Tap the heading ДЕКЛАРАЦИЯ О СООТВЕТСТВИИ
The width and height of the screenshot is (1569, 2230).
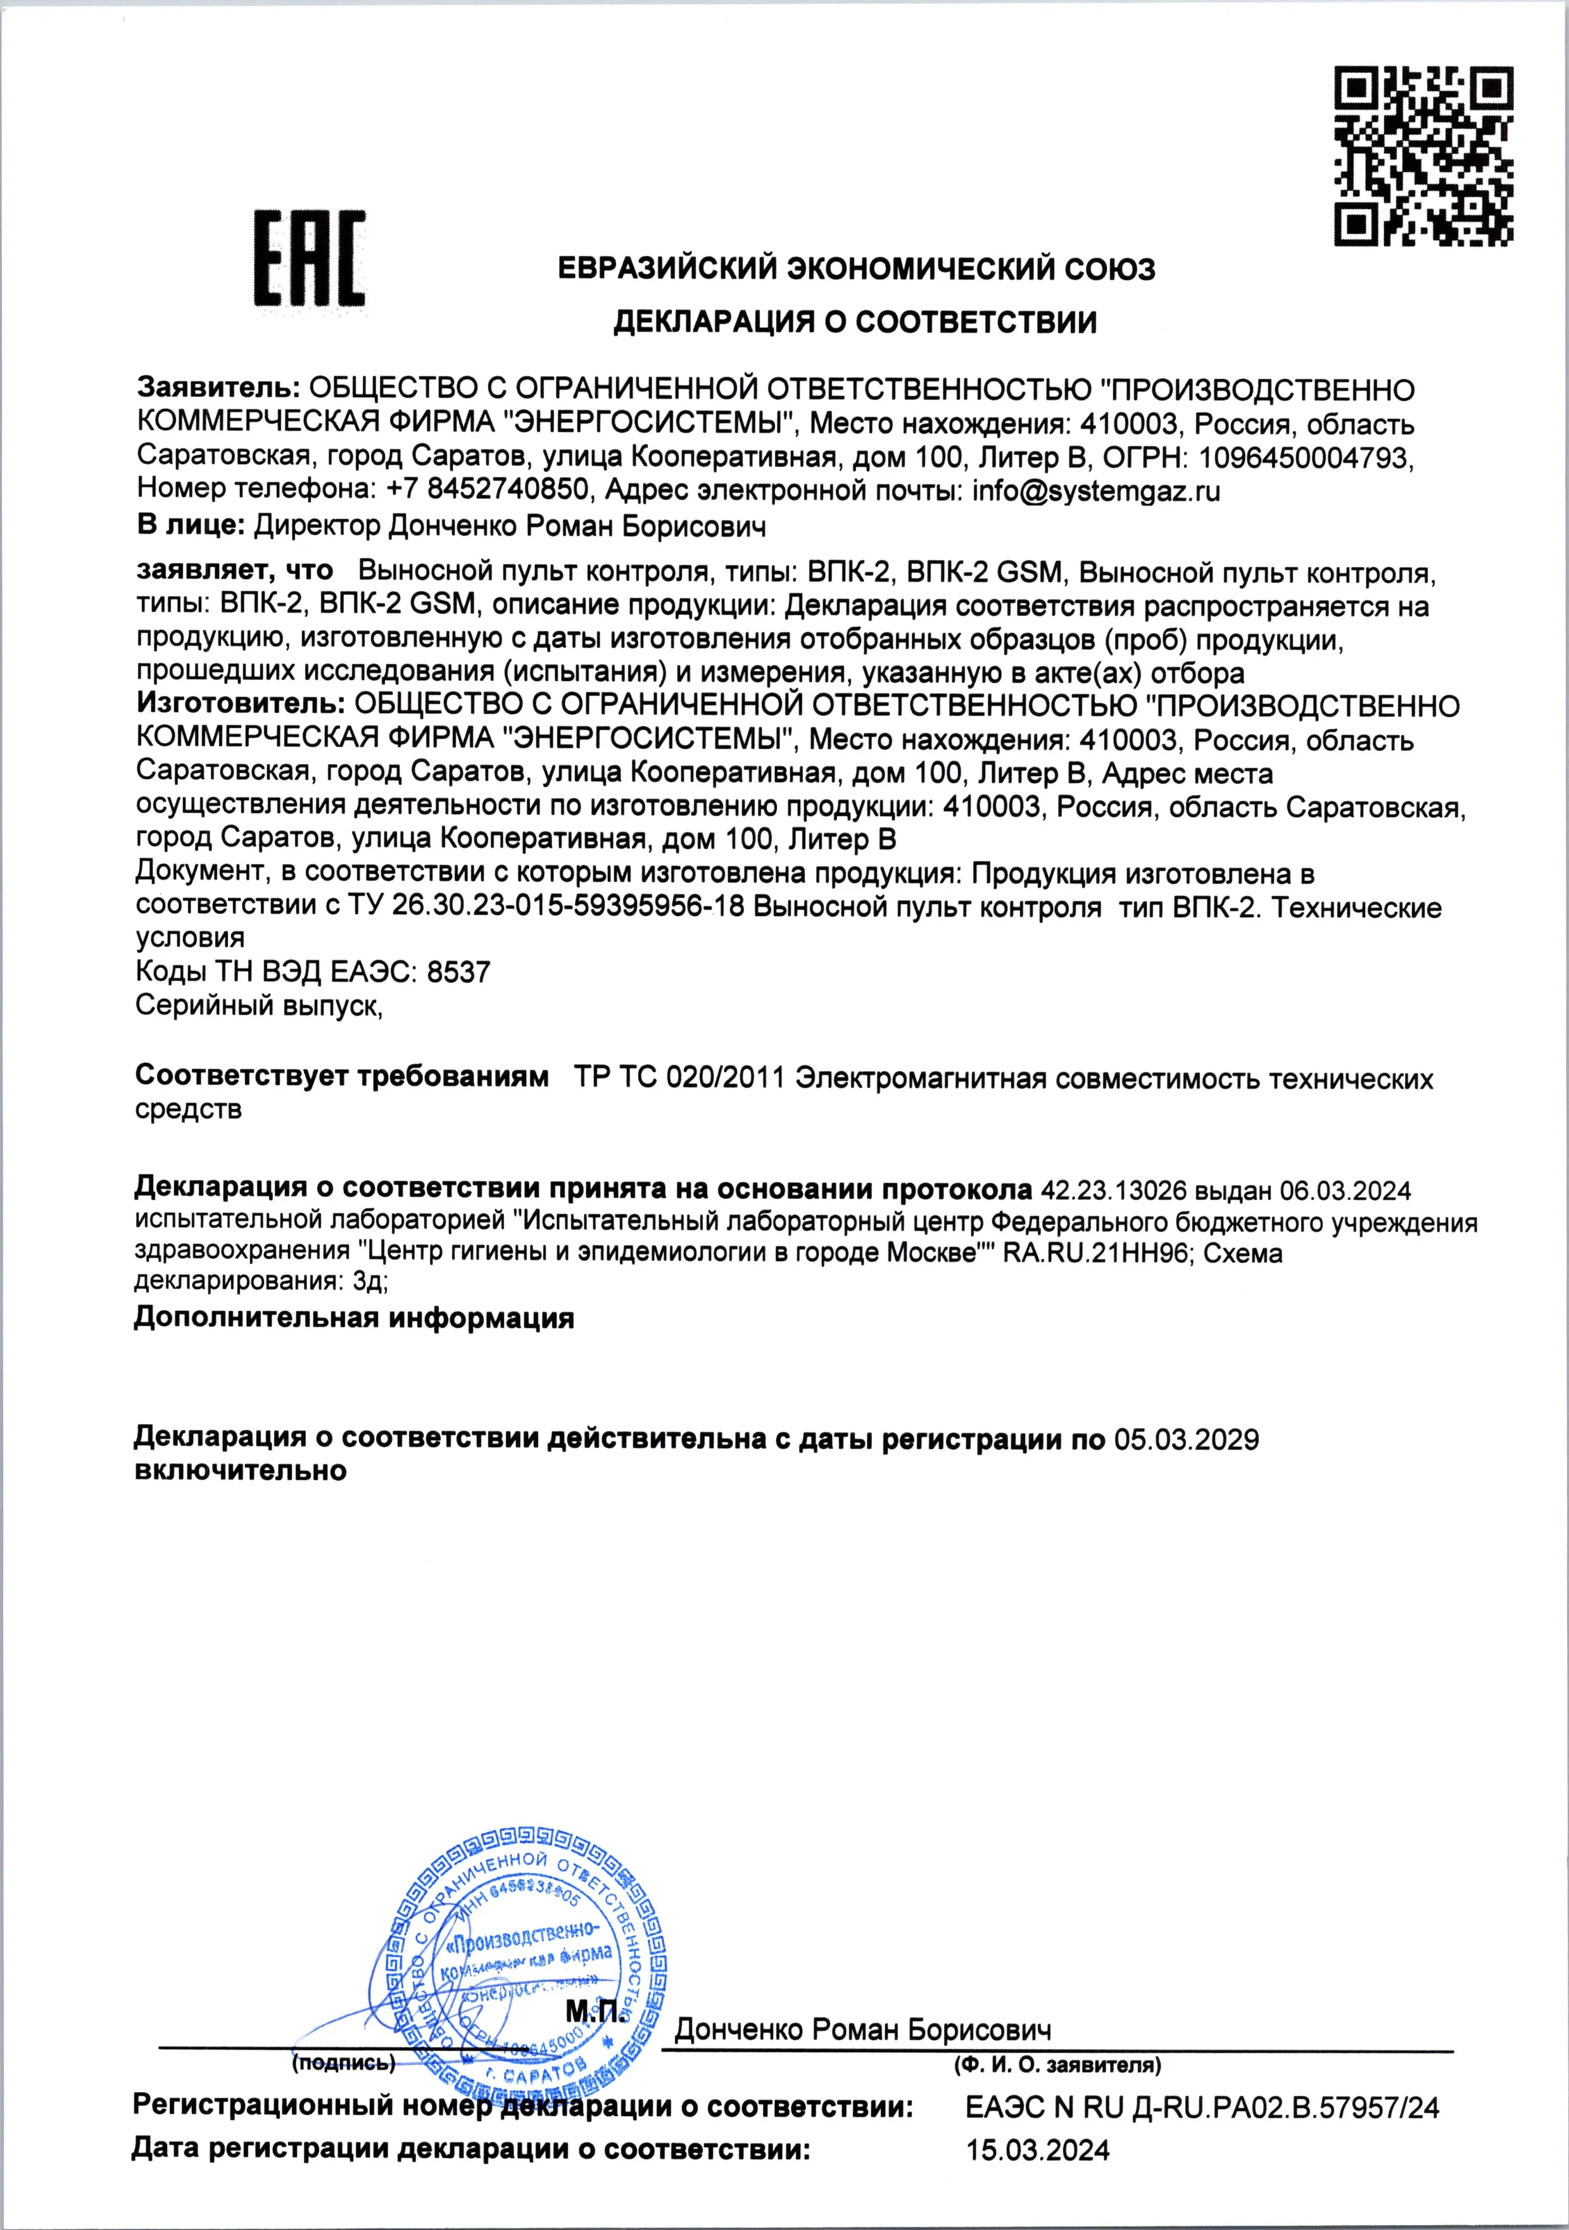pos(855,322)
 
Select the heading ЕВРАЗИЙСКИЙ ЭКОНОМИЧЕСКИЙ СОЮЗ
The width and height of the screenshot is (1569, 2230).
pos(857,268)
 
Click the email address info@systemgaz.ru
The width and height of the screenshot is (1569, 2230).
pos(1096,491)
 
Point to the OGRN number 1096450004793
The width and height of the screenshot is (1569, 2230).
pos(1304,458)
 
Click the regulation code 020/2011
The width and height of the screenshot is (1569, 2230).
pos(726,1078)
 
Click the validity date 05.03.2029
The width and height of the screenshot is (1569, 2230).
pos(1186,1439)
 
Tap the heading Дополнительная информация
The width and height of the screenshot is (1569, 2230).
pos(354,1318)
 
